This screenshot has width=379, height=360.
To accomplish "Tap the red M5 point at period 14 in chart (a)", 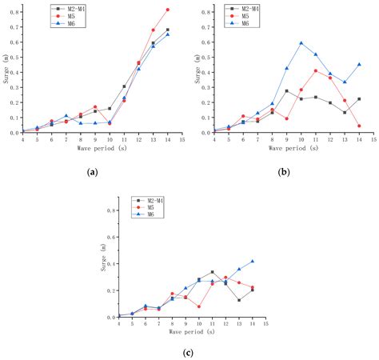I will (x=167, y=10).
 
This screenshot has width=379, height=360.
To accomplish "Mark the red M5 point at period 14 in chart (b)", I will (x=359, y=126).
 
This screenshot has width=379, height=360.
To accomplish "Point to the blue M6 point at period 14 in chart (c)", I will (x=252, y=261).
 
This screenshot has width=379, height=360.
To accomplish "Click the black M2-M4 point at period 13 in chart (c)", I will (x=238, y=300).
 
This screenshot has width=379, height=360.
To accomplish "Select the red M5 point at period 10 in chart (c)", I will (x=198, y=306).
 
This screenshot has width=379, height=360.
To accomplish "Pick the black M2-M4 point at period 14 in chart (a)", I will (x=167, y=30).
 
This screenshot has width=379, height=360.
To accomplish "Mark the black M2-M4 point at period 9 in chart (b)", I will (x=286, y=91).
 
